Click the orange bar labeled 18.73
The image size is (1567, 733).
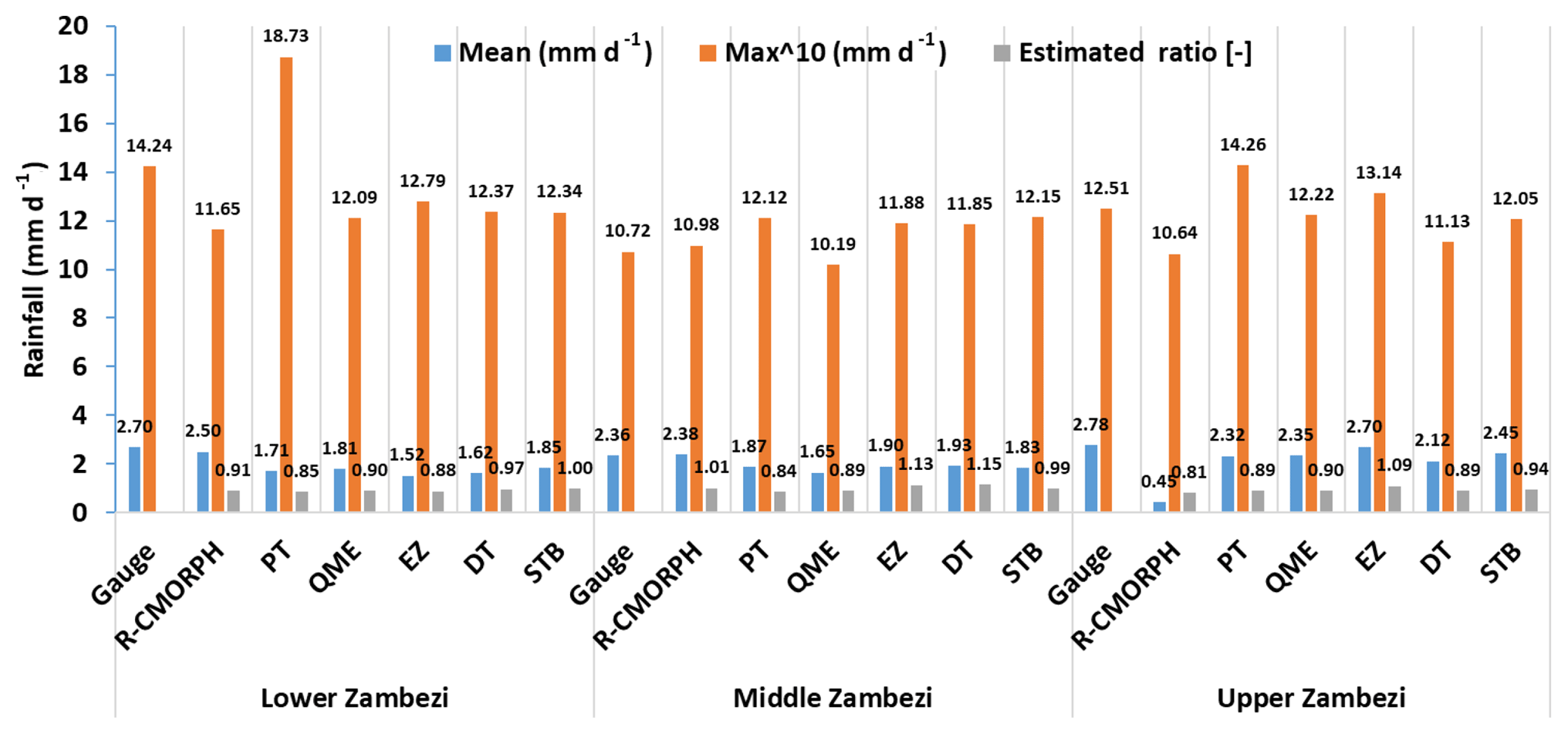(286, 284)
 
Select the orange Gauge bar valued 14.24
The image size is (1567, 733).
(149, 339)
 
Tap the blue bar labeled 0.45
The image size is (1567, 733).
(1159, 506)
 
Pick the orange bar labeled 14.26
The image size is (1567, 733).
(1243, 338)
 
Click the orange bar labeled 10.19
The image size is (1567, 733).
(832, 388)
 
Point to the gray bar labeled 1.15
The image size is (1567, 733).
(985, 498)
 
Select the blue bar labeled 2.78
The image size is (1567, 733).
(1091, 478)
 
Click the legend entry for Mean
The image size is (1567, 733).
(543, 52)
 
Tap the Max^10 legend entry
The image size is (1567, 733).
(823, 52)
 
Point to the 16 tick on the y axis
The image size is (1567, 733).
(74, 124)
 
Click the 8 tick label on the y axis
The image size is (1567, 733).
(80, 318)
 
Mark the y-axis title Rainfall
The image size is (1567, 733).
(34, 269)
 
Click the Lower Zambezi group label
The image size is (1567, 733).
(354, 697)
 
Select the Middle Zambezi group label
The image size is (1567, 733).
(832, 697)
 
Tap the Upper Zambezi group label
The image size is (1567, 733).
(1311, 697)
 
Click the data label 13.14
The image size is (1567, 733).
(1378, 173)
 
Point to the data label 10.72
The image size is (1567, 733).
(627, 230)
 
